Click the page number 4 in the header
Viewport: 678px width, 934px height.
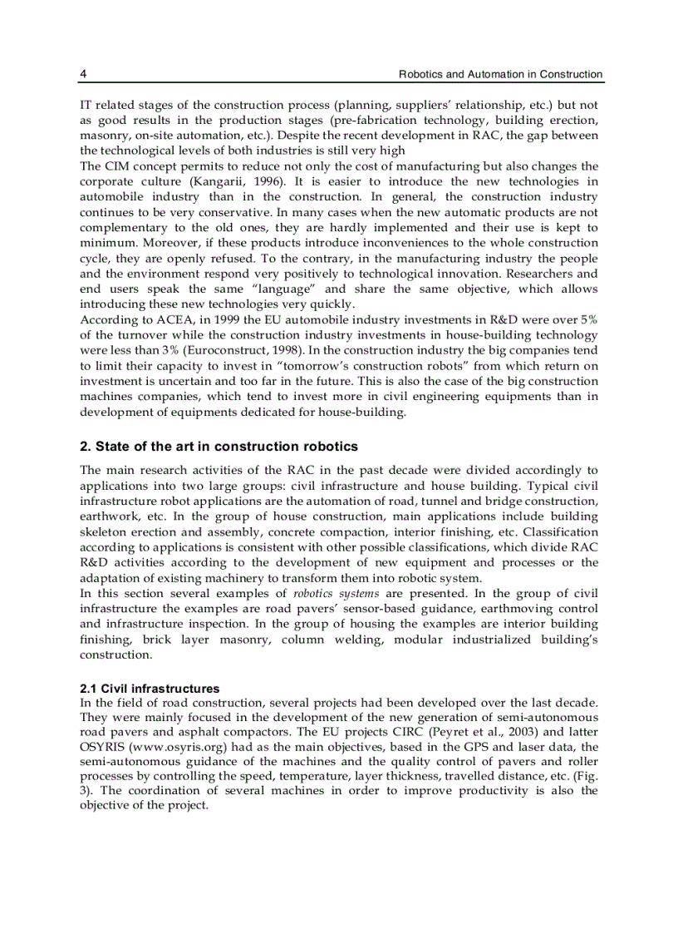(x=83, y=74)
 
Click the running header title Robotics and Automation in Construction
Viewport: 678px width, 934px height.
(x=500, y=74)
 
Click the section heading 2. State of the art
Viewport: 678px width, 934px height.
(x=219, y=447)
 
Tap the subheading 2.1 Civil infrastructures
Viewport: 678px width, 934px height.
(x=150, y=689)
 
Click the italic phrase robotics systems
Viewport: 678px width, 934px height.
(x=337, y=594)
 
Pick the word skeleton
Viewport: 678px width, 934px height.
(x=105, y=532)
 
